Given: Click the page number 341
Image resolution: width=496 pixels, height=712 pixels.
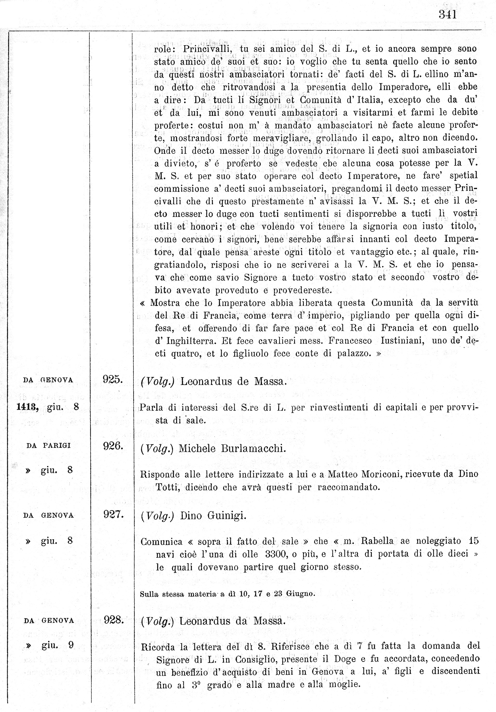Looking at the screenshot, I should pos(447,15).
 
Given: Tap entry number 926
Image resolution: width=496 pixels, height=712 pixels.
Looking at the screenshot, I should pos(113,446).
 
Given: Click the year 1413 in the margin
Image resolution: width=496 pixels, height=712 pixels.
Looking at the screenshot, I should pos(27,407).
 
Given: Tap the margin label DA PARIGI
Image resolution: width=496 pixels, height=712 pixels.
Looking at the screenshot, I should pos(49,446).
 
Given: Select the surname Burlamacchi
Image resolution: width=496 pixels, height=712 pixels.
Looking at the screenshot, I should pos(253,449).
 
